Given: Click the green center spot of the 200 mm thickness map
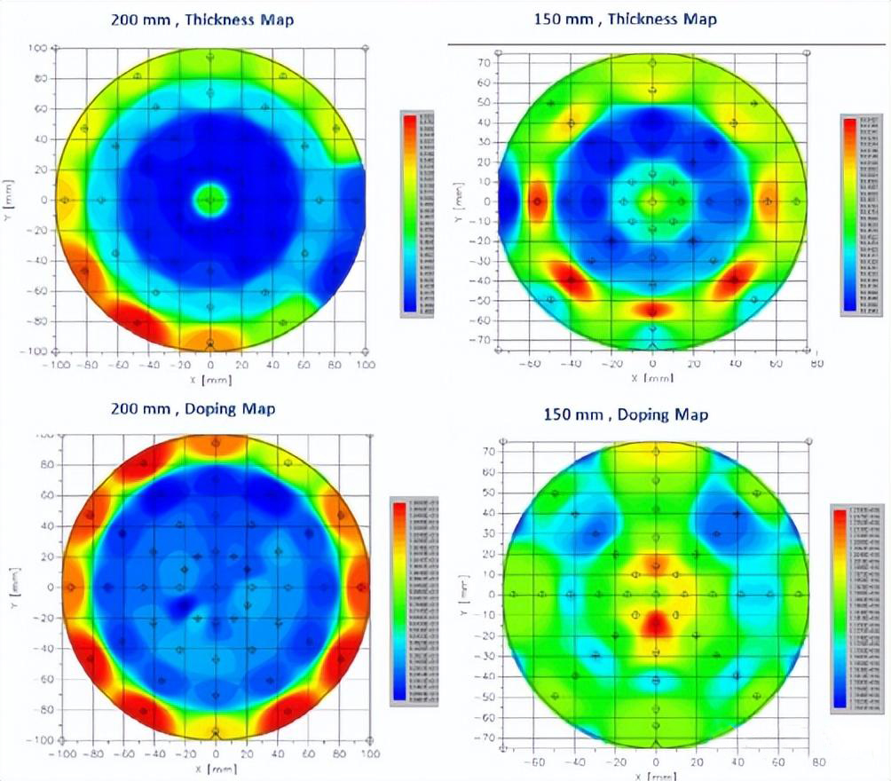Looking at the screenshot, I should tap(210, 200).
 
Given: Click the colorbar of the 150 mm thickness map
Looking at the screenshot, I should tap(850, 216).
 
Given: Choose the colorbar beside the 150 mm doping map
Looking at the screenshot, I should tap(840, 607).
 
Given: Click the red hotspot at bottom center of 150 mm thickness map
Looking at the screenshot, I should tap(652, 310).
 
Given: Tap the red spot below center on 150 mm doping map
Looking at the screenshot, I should tap(656, 623).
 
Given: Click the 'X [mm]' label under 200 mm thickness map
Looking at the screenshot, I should tap(210, 379).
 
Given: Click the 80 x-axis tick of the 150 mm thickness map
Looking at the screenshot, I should tap(817, 364).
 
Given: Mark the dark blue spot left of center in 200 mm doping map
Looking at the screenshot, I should tap(184, 606).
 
